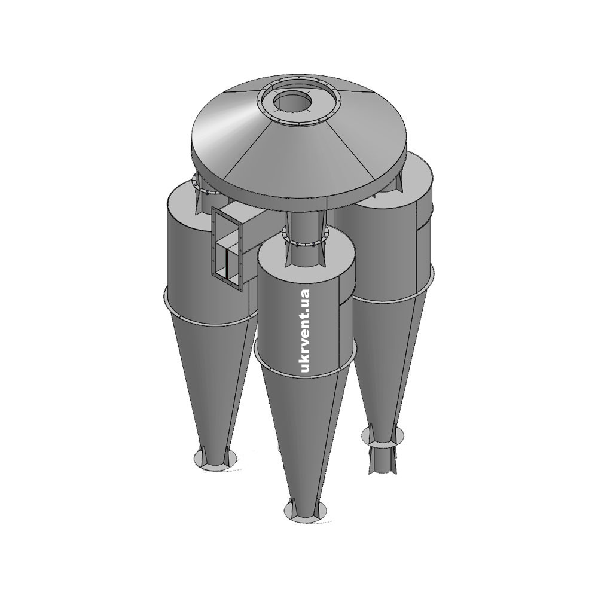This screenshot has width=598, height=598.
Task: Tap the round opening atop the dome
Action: pos(292,102)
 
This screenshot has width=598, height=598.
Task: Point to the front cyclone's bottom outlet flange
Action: pos(305,508)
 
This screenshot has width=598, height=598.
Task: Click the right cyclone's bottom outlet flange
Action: pos(383,435)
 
